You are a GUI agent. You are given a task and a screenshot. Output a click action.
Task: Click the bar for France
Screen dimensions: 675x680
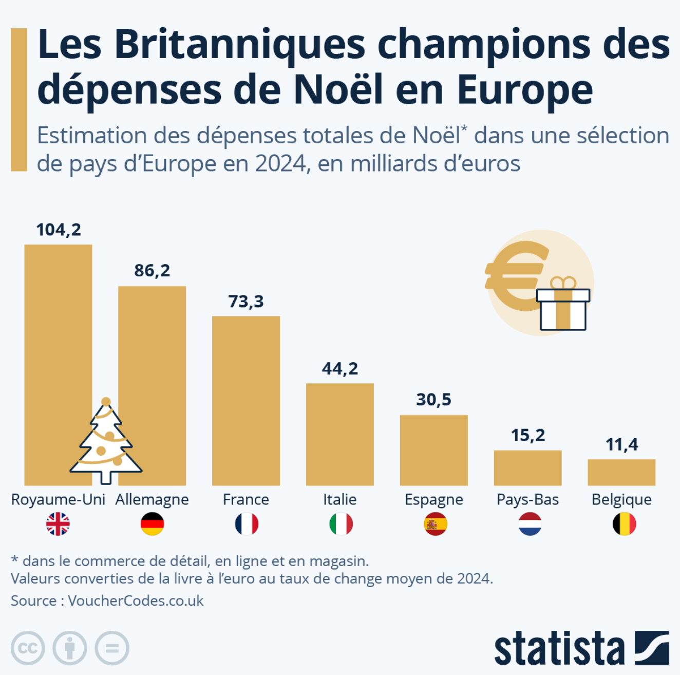246,401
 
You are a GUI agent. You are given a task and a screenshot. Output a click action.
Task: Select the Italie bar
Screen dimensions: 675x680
340,434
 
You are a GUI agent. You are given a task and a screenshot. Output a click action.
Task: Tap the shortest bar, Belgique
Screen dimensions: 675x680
621,472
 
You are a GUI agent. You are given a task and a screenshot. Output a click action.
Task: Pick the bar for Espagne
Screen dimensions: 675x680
434,450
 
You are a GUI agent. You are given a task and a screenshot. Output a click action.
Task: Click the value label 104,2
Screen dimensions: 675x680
59,230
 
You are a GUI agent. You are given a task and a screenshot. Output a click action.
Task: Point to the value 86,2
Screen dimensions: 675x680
152,270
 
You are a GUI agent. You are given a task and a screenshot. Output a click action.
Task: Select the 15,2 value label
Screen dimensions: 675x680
528,435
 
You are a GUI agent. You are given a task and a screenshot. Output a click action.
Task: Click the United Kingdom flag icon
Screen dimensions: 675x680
58,524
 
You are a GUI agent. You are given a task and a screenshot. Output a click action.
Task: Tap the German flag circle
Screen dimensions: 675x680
152,524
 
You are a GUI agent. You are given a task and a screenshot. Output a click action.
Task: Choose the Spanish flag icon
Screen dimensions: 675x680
435,524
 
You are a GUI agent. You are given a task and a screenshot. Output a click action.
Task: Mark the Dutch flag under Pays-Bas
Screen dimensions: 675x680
530,524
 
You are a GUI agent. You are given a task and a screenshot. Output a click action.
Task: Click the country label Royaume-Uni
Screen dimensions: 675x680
58,499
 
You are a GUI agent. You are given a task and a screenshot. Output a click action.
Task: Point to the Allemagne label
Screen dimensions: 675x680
152,499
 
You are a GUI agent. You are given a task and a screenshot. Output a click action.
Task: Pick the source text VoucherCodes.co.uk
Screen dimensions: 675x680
136,601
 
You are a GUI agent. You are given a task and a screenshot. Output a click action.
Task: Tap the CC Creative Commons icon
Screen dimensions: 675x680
28,648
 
